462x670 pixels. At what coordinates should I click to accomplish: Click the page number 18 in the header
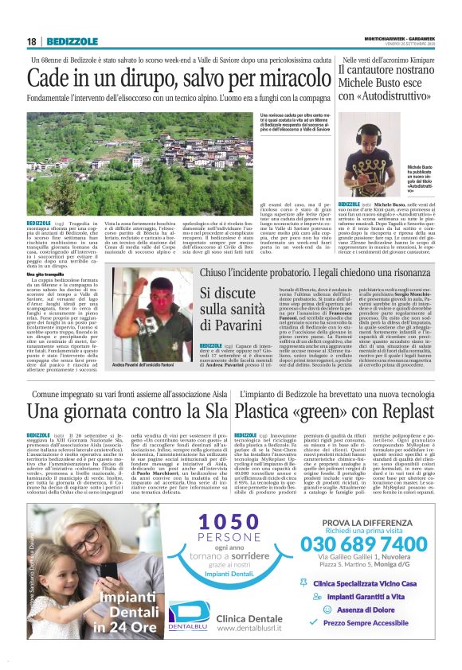point(32,41)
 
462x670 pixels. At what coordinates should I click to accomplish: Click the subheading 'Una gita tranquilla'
point(49,273)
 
